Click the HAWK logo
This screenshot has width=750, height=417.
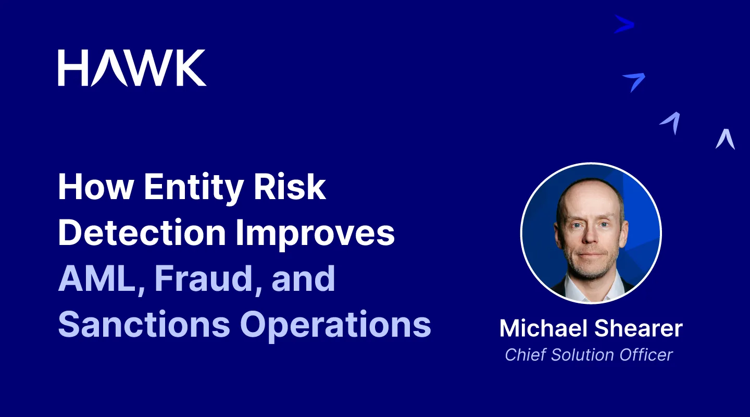pyautogui.click(x=132, y=68)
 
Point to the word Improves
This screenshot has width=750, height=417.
pyautogui.click(x=315, y=234)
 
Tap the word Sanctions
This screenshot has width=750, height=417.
pyautogui.click(x=144, y=324)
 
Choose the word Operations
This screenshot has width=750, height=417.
pyautogui.click(x=335, y=325)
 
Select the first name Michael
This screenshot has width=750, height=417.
pyautogui.click(x=544, y=328)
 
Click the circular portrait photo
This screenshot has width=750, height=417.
pyautogui.click(x=591, y=234)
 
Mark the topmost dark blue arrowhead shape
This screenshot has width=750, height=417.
pyautogui.click(x=624, y=24)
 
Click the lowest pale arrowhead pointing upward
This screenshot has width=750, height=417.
pyautogui.click(x=725, y=139)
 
